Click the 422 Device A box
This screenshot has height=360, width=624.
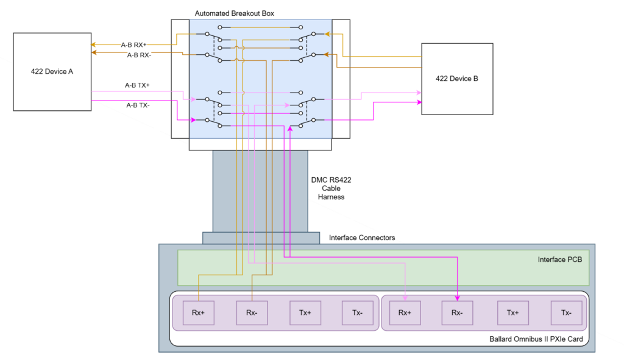(x=52, y=72)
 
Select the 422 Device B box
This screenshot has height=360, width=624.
(x=456, y=79)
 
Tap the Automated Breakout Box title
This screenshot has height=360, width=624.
(x=234, y=13)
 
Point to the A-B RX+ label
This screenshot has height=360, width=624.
(x=133, y=44)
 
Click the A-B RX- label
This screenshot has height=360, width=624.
(x=140, y=55)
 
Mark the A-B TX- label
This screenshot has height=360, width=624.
(x=138, y=105)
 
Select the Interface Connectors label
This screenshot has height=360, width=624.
(x=362, y=238)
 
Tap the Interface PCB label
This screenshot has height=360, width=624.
(x=560, y=259)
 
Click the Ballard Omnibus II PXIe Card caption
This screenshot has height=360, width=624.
(x=537, y=339)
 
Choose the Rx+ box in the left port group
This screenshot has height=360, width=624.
(x=199, y=312)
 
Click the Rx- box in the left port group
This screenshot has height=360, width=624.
(x=252, y=312)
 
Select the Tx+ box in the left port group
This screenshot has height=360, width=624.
(x=305, y=312)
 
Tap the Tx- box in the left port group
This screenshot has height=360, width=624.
(x=358, y=312)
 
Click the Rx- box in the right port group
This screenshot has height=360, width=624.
(x=458, y=312)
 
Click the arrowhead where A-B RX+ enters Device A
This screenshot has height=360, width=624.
(x=93, y=45)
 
